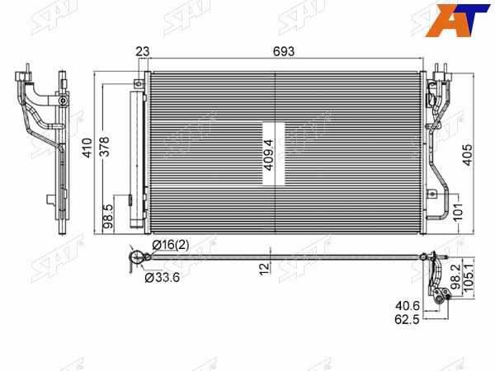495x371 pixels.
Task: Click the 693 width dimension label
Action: [284, 51]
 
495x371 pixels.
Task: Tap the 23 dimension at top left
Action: [143, 51]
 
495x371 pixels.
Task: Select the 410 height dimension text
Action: [87, 148]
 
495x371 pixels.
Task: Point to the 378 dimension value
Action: [104, 147]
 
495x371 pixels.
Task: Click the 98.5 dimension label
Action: [108, 216]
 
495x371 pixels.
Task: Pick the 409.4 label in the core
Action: [269, 155]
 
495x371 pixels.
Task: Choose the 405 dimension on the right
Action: [468, 155]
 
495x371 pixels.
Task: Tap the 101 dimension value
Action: [458, 211]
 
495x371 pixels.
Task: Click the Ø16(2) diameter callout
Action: [171, 245]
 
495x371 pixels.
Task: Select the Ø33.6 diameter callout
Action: [163, 277]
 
